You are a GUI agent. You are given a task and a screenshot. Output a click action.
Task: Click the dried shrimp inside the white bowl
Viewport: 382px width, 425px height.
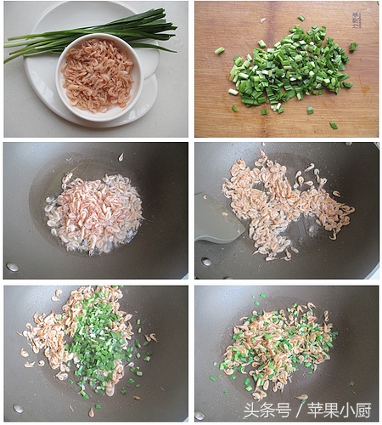point(98,75)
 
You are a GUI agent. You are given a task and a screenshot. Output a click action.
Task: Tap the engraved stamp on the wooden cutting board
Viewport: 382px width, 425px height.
point(356,20)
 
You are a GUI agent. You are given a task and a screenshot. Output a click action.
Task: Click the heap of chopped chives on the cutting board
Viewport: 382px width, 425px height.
point(291,66)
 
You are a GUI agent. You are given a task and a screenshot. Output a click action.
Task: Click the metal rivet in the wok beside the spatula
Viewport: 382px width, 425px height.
point(206,262)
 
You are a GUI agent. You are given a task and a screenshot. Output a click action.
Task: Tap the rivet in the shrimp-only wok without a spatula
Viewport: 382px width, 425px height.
point(13,267)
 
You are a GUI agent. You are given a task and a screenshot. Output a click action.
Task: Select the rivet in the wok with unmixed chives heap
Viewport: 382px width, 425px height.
point(19,408)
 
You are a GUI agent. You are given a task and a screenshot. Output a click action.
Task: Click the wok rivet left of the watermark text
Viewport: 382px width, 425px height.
point(199,416)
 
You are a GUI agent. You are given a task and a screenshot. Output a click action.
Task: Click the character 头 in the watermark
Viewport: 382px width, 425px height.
point(251,411)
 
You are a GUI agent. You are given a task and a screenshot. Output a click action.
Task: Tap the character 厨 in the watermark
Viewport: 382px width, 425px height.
point(363,411)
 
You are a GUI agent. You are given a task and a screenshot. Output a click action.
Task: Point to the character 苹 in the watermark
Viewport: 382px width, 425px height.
point(316,411)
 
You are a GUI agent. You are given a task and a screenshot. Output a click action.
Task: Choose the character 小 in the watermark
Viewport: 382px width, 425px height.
point(347,411)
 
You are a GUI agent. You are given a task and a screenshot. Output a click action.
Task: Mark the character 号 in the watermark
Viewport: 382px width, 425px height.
point(284,411)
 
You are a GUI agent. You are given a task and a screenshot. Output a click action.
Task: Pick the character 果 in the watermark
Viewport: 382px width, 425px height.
point(332,411)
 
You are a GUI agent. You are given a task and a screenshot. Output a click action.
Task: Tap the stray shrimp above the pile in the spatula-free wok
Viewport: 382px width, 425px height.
point(121,156)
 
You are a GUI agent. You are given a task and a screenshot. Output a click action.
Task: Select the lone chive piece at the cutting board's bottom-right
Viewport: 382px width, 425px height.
point(334,125)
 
